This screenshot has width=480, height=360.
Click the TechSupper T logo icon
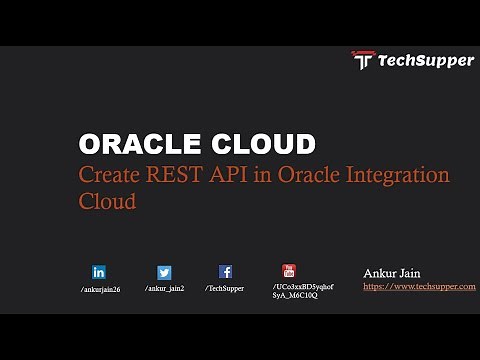tap(362, 60)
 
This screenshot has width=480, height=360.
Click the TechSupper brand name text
tap(425, 61)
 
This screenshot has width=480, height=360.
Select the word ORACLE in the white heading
tap(137, 143)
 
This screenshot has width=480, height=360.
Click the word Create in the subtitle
tap(110, 175)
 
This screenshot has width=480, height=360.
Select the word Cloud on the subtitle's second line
tap(107, 201)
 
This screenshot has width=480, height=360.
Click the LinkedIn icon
tap(99, 272)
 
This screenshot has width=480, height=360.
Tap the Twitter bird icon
tap(164, 272)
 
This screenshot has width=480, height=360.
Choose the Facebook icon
tap(225, 271)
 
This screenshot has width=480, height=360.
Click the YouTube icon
tap(289, 270)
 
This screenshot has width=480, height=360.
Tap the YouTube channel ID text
tap(302, 291)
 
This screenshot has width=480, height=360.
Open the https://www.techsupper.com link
tap(419, 286)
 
